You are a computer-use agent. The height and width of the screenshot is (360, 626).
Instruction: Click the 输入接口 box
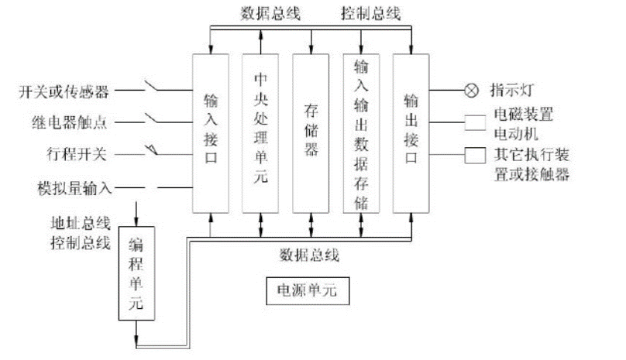tap(211, 132)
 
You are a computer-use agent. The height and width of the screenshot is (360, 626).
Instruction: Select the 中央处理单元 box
tap(261, 132)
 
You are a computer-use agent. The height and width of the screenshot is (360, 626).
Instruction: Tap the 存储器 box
tap(311, 132)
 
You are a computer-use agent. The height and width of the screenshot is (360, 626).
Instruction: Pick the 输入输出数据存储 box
tap(361, 132)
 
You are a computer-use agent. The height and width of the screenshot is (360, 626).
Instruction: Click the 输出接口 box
tap(411, 132)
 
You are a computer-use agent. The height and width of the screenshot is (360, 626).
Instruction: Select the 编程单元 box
tap(136, 273)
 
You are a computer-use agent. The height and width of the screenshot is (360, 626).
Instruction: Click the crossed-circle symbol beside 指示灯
tap(471, 91)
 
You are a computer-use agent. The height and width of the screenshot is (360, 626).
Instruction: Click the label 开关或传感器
tap(64, 92)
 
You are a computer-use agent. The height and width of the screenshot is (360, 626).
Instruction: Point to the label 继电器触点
tap(70, 121)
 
